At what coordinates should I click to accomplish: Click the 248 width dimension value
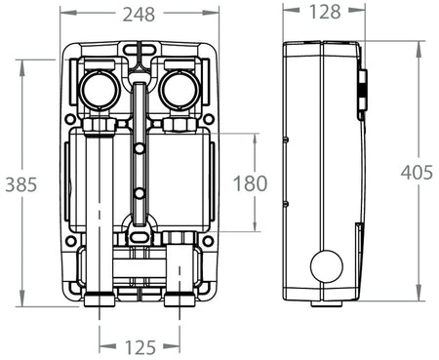click(x=139, y=13)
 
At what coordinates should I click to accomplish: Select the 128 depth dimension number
click(x=325, y=13)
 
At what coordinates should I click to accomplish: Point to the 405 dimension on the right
click(x=419, y=173)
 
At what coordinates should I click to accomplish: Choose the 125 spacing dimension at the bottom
click(x=140, y=346)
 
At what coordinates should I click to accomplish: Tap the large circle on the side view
click(x=326, y=265)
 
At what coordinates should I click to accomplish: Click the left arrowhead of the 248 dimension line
click(x=63, y=14)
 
